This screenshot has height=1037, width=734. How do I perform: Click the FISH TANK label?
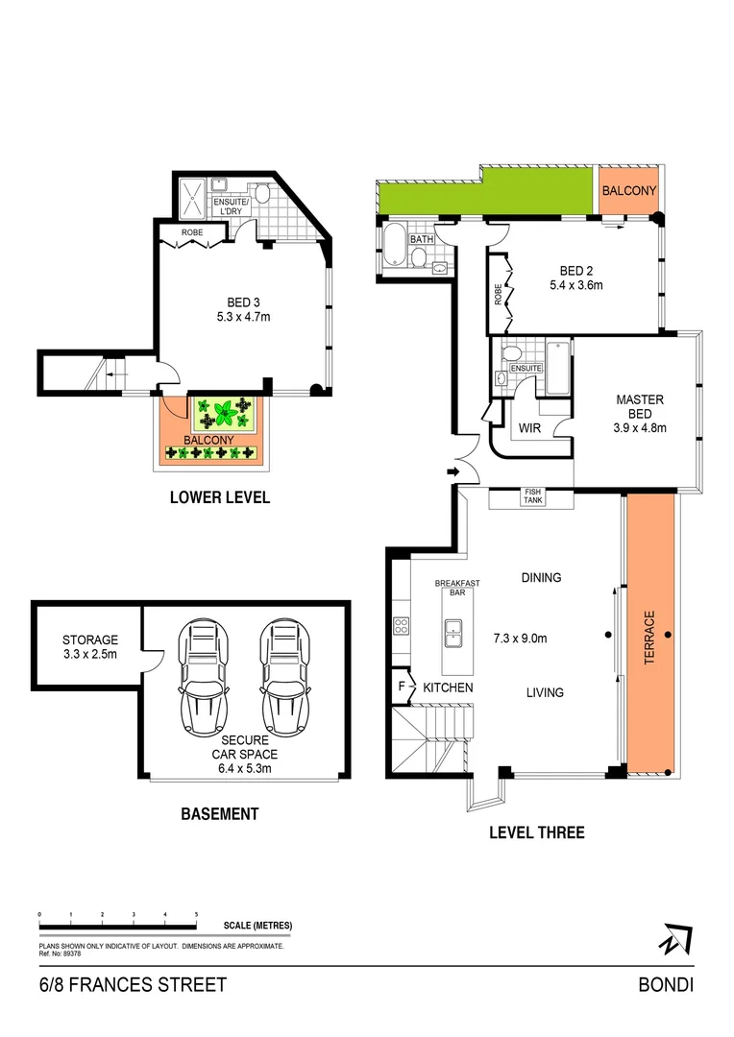coord(531,496)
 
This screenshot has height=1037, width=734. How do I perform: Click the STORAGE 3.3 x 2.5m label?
coord(89,646)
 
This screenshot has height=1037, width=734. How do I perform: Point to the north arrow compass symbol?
coord(676,938)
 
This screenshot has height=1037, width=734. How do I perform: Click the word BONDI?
coord(666,984)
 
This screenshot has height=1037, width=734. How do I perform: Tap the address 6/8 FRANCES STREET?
coord(133,984)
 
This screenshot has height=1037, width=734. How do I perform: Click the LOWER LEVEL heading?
coord(219,497)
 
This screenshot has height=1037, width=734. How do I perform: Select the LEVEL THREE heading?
coord(536,832)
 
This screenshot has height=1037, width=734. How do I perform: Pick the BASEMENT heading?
coord(220,813)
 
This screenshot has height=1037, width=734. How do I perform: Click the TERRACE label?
coord(649,634)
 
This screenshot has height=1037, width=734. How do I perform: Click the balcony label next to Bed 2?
coord(628,191)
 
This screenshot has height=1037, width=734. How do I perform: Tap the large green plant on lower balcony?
coord(224,416)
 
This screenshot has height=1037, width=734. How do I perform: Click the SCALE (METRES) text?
coord(257,926)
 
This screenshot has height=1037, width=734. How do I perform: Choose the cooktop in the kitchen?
coord(402,625)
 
